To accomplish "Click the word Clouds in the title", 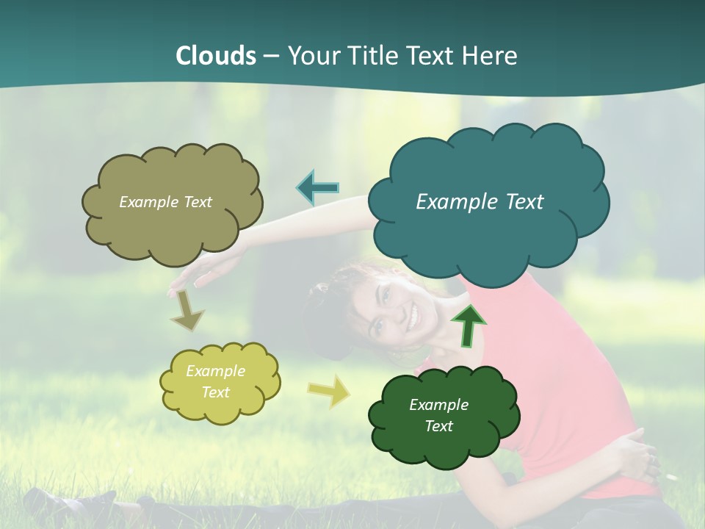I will (x=216, y=56).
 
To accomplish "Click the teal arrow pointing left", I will (x=317, y=188).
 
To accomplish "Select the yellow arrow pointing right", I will (x=329, y=391).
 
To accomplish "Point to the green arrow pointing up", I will (x=468, y=325).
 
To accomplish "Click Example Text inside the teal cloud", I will (x=480, y=202).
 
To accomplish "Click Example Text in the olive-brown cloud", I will (x=165, y=202).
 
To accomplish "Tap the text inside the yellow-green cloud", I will (x=215, y=381).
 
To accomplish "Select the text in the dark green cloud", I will (x=438, y=415).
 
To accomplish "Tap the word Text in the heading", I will (x=434, y=56).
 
